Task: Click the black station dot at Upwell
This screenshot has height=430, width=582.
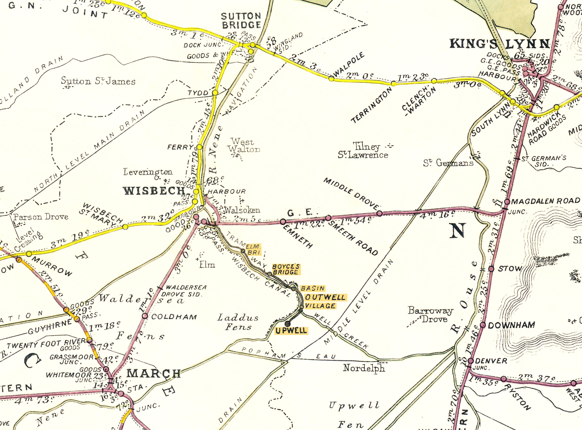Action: click(287, 324)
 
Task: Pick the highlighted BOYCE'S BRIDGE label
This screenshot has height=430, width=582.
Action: click(286, 269)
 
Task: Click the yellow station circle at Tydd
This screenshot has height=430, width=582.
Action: click(215, 93)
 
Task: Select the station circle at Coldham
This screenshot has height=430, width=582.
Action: click(145, 316)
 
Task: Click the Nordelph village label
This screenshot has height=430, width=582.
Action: click(364, 368)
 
